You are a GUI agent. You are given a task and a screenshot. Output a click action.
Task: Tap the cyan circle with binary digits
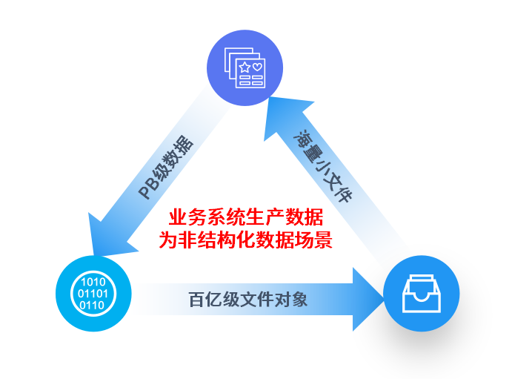click(x=93, y=294)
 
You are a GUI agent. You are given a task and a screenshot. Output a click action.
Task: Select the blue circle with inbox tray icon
click(x=421, y=294)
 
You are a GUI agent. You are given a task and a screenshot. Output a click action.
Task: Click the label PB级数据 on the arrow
click(x=167, y=169)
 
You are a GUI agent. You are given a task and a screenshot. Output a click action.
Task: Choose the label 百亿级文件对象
click(x=247, y=300)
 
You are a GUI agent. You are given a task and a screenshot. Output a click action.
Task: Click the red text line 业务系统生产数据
click(x=246, y=218)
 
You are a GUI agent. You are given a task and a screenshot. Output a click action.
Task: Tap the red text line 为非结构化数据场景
click(x=246, y=240)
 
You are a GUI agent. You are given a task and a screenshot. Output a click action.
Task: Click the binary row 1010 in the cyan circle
click(x=93, y=282)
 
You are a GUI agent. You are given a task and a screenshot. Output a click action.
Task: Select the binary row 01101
click(x=93, y=294)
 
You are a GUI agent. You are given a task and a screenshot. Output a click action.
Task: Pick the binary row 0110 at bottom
click(x=92, y=305)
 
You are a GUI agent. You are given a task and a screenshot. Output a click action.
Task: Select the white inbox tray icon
click(x=421, y=294)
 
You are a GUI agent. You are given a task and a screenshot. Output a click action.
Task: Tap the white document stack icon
click(x=245, y=68)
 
